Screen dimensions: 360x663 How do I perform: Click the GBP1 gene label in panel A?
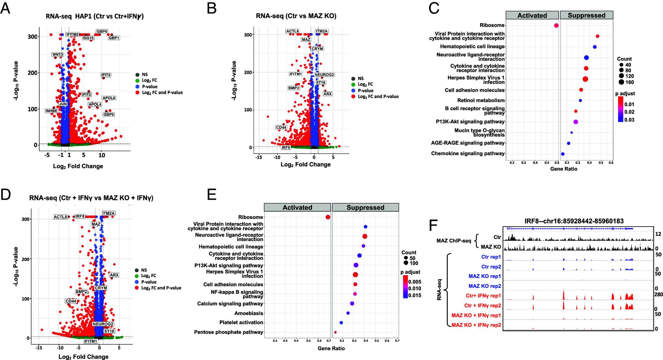[x=114, y=38]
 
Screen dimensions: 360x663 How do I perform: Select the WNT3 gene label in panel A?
[x=58, y=54]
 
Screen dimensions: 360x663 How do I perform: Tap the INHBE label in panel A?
[x=51, y=111]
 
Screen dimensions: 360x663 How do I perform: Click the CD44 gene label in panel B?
[x=281, y=128]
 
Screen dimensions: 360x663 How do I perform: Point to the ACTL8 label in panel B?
[x=292, y=31]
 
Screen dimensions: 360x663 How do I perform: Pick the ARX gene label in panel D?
[x=114, y=275]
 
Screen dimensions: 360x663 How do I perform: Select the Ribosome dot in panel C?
[x=556, y=25]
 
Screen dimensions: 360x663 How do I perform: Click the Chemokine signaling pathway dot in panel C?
[x=563, y=154]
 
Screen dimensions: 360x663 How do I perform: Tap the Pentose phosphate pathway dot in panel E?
[x=335, y=332]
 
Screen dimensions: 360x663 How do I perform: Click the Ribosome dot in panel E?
[x=328, y=217]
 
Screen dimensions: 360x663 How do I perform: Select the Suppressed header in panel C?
[x=586, y=15]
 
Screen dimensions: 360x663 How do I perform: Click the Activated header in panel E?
[x=297, y=208]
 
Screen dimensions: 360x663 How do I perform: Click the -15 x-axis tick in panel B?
[x=259, y=157]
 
